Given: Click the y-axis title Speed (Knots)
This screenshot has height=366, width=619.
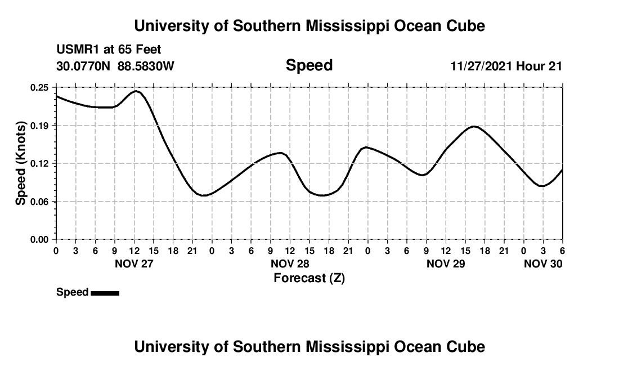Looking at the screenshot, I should (x=20, y=163).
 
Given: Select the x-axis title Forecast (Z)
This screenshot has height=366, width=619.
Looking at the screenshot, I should (x=309, y=278).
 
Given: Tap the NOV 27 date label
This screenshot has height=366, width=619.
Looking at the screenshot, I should (x=134, y=264).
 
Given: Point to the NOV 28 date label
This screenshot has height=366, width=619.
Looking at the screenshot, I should (x=290, y=264).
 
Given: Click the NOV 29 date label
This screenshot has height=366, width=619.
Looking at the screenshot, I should (x=446, y=264).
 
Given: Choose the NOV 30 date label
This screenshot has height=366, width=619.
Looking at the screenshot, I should (x=543, y=264).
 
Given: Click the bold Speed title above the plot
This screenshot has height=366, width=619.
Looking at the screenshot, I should (x=309, y=66).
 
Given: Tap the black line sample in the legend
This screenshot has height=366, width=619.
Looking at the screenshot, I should (x=105, y=293).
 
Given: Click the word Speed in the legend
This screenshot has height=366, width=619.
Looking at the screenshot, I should (x=72, y=292).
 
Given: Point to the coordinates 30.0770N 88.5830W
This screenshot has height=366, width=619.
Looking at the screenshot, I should (x=115, y=66).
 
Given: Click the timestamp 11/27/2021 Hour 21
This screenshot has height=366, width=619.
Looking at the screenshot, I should (x=506, y=66).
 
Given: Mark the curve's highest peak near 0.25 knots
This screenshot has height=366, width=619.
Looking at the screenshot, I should (x=136, y=91).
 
